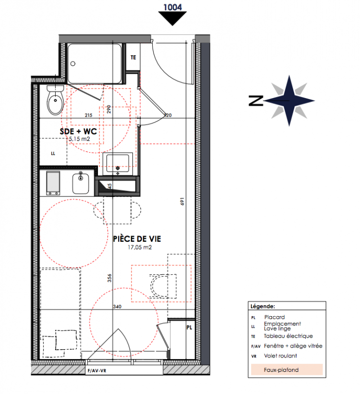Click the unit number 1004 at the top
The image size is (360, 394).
172,7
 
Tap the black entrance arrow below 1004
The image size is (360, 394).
172,19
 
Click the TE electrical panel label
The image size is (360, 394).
133,58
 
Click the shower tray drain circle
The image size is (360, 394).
73,64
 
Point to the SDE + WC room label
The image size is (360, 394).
78,131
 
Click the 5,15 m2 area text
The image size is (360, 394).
79,139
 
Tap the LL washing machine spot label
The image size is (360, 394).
53,154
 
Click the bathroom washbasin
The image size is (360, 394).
118,164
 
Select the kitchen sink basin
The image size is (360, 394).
81,183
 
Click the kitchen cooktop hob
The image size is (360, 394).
53,183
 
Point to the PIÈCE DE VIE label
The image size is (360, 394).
137,239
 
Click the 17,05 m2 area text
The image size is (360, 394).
140,247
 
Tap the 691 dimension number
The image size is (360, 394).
182,201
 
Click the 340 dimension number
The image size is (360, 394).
117,306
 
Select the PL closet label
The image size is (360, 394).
189,328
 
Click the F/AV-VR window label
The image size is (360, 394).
97,371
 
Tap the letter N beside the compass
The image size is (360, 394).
256,100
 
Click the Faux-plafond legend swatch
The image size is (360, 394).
287,370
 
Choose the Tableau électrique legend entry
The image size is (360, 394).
289,336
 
